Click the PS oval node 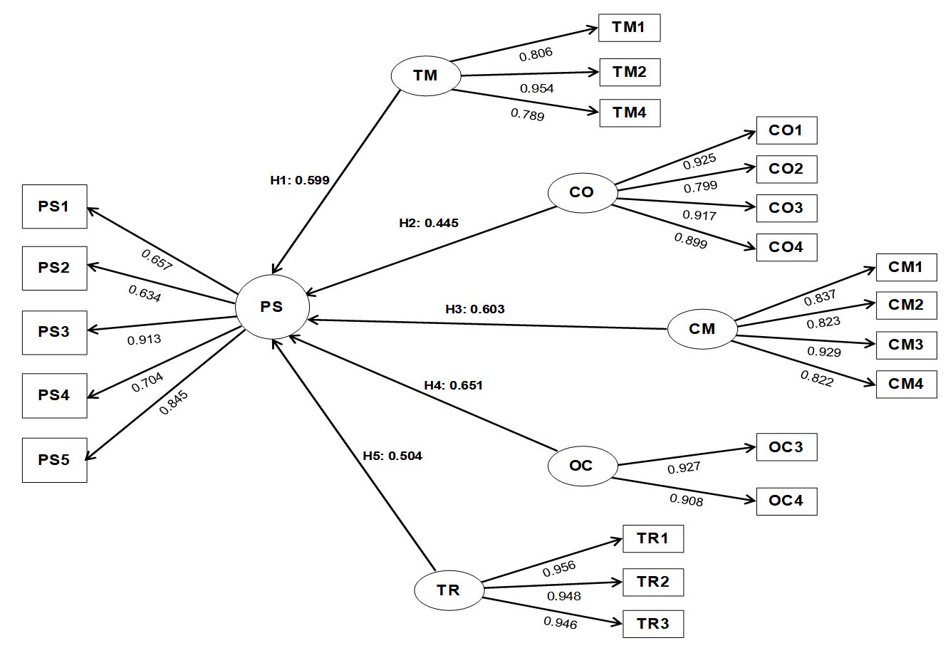point(272,307)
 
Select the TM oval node point(425,75)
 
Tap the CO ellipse point(582,192)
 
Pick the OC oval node point(581,466)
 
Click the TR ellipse point(449,590)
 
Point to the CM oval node point(702,329)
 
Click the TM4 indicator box point(630,113)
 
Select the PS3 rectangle point(54,332)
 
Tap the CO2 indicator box point(786,169)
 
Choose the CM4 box point(906,384)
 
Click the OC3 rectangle point(786,447)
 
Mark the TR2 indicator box point(653,582)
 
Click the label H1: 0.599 point(299,180)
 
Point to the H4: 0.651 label point(453,385)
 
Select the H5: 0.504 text point(392,456)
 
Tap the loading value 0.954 point(536,88)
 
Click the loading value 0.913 point(144,340)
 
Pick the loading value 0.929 point(823,352)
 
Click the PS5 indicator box point(54,459)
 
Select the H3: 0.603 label point(474,308)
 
